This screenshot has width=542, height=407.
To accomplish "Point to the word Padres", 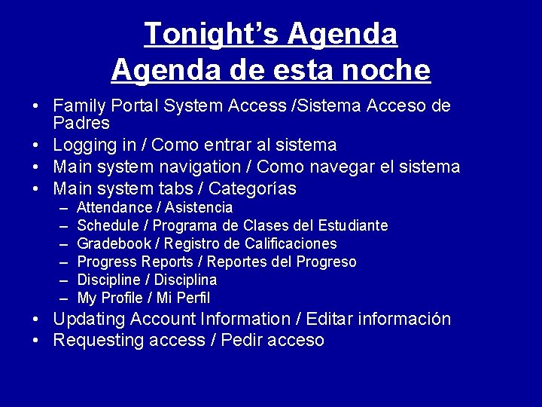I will (81, 122).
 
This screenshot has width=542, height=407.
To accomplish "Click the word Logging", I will (85, 145).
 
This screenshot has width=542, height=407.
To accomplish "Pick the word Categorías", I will (252, 188).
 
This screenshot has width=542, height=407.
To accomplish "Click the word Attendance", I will (114, 207).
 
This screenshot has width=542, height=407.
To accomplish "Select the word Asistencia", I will (199, 207).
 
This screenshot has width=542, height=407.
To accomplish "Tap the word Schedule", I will (108, 225).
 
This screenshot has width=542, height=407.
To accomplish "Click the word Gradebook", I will (114, 243).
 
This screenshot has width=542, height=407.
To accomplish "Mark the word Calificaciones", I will (291, 243).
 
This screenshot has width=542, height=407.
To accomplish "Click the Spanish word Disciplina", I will (185, 280).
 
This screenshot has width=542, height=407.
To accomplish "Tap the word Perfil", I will (193, 298).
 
